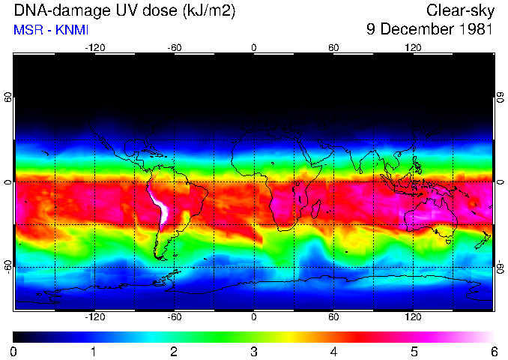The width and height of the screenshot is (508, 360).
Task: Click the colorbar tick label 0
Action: click(13, 351)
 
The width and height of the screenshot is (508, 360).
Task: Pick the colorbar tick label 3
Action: click(253, 351)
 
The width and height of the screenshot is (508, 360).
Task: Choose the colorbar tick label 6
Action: click(493, 351)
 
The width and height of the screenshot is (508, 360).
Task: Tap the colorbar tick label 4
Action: click(333, 351)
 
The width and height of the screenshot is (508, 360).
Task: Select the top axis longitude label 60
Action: click(333, 47)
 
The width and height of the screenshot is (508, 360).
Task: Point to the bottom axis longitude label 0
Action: click(253, 317)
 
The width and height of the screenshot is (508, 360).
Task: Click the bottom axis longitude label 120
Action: click(413, 317)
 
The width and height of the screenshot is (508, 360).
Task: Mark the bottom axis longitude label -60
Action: click(174, 317)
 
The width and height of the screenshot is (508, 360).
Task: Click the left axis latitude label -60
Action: click(7, 267)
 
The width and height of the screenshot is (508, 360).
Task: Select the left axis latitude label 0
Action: click(7, 182)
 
